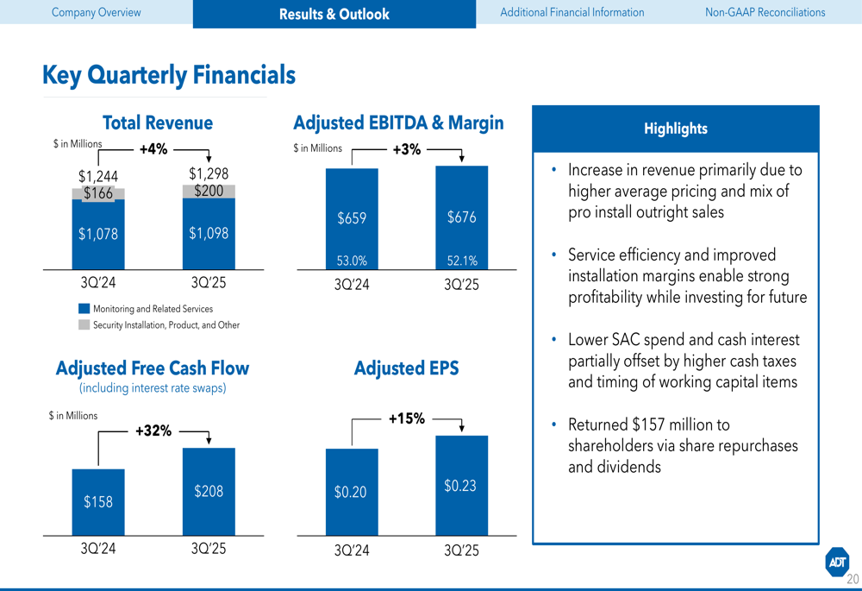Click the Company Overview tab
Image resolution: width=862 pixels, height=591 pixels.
[x=96, y=13]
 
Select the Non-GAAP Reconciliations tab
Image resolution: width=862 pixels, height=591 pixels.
[x=765, y=13]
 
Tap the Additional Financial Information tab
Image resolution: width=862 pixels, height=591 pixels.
[x=572, y=13]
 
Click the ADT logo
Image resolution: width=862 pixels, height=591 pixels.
[x=837, y=562]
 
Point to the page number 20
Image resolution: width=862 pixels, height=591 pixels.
[x=853, y=579]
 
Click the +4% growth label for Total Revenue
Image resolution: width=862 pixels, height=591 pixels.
[x=153, y=149]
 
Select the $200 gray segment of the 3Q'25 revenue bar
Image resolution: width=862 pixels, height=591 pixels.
[x=209, y=191]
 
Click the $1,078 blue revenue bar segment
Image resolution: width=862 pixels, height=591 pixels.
[x=98, y=234]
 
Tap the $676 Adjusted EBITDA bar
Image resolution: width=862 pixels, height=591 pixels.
[x=461, y=217]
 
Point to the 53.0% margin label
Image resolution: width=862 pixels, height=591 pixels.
[x=351, y=261]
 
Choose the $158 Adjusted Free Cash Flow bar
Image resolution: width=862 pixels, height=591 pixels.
[x=98, y=501]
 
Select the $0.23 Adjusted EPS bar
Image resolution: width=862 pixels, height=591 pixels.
[x=461, y=486]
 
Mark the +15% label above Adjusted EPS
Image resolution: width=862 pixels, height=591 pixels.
[x=406, y=419]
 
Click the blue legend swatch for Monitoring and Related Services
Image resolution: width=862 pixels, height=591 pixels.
[x=84, y=309]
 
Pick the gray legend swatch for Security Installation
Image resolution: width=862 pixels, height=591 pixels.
[x=84, y=325]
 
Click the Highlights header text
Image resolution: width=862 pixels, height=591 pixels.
[x=675, y=129]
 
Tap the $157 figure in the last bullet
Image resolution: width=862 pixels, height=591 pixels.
[x=648, y=425]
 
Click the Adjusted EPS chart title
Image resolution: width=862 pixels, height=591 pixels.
[x=406, y=368]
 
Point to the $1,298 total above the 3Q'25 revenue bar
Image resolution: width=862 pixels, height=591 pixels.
[x=209, y=173]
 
